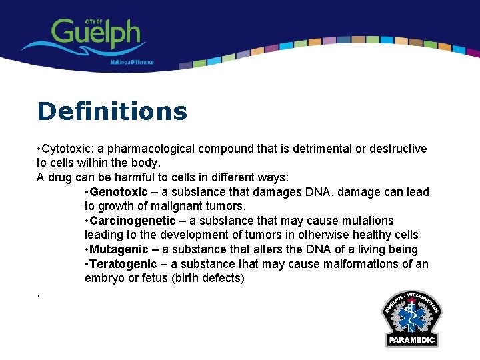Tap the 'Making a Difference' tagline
pos(132,63)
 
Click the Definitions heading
pos(112,111)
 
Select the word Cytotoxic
pos(67,149)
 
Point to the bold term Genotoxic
pos(119,192)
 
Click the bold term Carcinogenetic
pos(133,221)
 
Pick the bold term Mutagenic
pos(119,249)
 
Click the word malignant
pos(173,206)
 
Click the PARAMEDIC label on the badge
pos(411,340)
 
